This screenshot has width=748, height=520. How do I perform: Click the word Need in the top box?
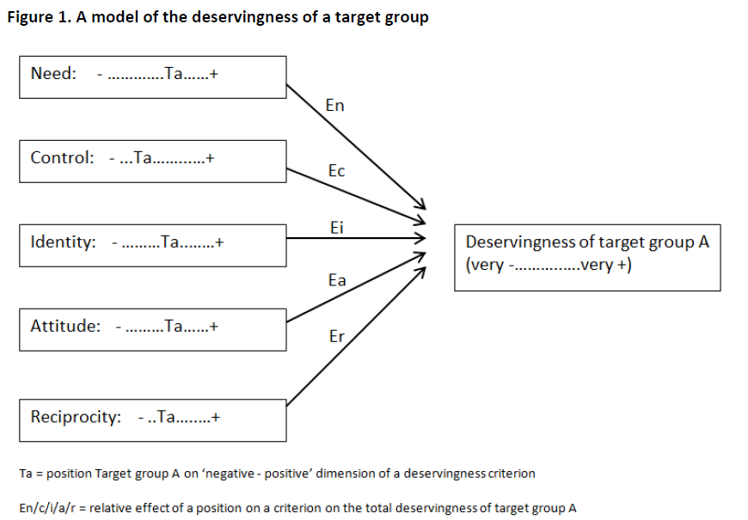click(x=52, y=73)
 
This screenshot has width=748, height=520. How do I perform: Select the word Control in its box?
click(x=62, y=157)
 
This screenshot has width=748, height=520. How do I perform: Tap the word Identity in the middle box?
click(x=63, y=242)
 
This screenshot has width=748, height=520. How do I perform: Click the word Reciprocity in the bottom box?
click(x=76, y=417)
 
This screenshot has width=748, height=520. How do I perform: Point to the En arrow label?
click(x=335, y=106)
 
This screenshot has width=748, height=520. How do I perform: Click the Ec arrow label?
click(x=336, y=171)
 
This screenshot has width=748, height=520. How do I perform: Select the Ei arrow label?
click(x=337, y=227)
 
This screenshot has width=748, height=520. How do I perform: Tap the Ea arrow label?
click(x=337, y=280)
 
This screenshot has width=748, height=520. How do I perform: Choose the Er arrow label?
click(x=337, y=336)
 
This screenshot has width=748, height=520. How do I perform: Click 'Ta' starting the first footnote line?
click(x=25, y=474)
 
